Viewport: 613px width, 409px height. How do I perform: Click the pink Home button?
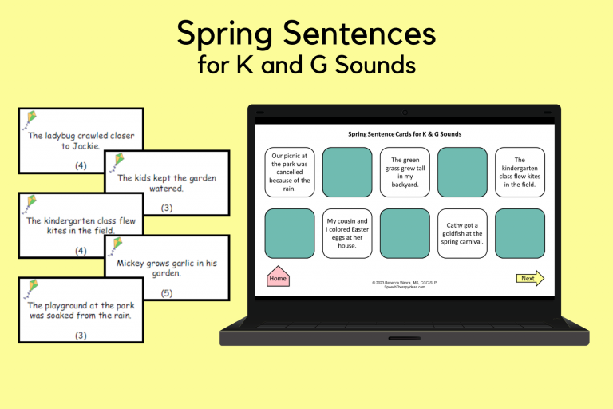point(278,277)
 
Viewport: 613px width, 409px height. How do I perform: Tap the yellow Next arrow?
point(529,278)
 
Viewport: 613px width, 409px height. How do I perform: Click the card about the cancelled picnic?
point(291,173)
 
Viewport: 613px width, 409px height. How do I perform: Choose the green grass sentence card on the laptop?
point(405,173)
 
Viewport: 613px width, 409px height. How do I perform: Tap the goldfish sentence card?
point(462,232)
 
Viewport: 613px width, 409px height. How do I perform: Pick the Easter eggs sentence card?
point(347,232)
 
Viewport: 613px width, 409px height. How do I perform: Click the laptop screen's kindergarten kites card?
point(520,173)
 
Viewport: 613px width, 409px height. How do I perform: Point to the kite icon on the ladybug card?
point(30,119)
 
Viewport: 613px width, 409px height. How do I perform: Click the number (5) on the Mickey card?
point(167,293)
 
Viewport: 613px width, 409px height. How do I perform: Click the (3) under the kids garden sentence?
point(167,208)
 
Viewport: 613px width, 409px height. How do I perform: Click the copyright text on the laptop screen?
point(404,284)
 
